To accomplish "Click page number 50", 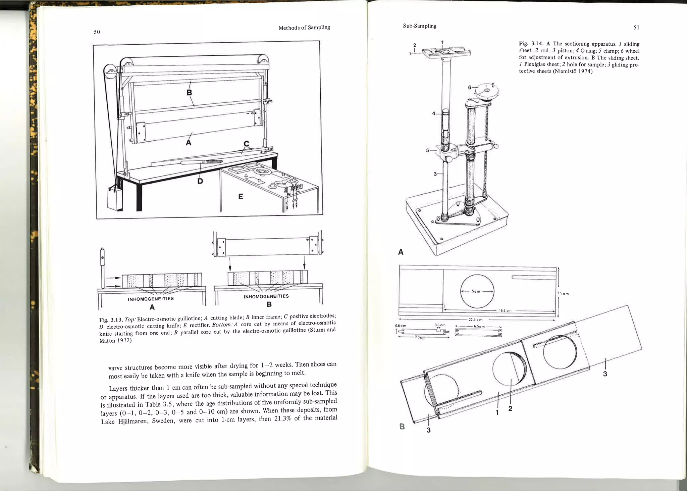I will [x=97, y=32].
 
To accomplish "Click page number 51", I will [x=636, y=28].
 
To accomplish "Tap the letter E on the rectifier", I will [x=241, y=197].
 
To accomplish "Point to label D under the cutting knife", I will [x=200, y=181].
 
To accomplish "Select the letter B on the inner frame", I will [x=189, y=92].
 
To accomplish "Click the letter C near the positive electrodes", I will [x=247, y=144].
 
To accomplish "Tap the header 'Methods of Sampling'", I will [x=304, y=28].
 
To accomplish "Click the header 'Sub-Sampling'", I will [x=419, y=26].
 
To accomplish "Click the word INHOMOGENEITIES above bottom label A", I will [x=151, y=299].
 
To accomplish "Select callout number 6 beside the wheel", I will [x=470, y=87].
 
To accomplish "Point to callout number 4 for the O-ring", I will [x=433, y=114].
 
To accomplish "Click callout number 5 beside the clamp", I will [x=427, y=150].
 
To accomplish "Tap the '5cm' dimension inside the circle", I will [x=476, y=291].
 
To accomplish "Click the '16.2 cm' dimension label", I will [x=505, y=310].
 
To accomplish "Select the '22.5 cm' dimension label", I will [x=475, y=320].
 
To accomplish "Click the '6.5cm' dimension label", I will [x=479, y=326].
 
